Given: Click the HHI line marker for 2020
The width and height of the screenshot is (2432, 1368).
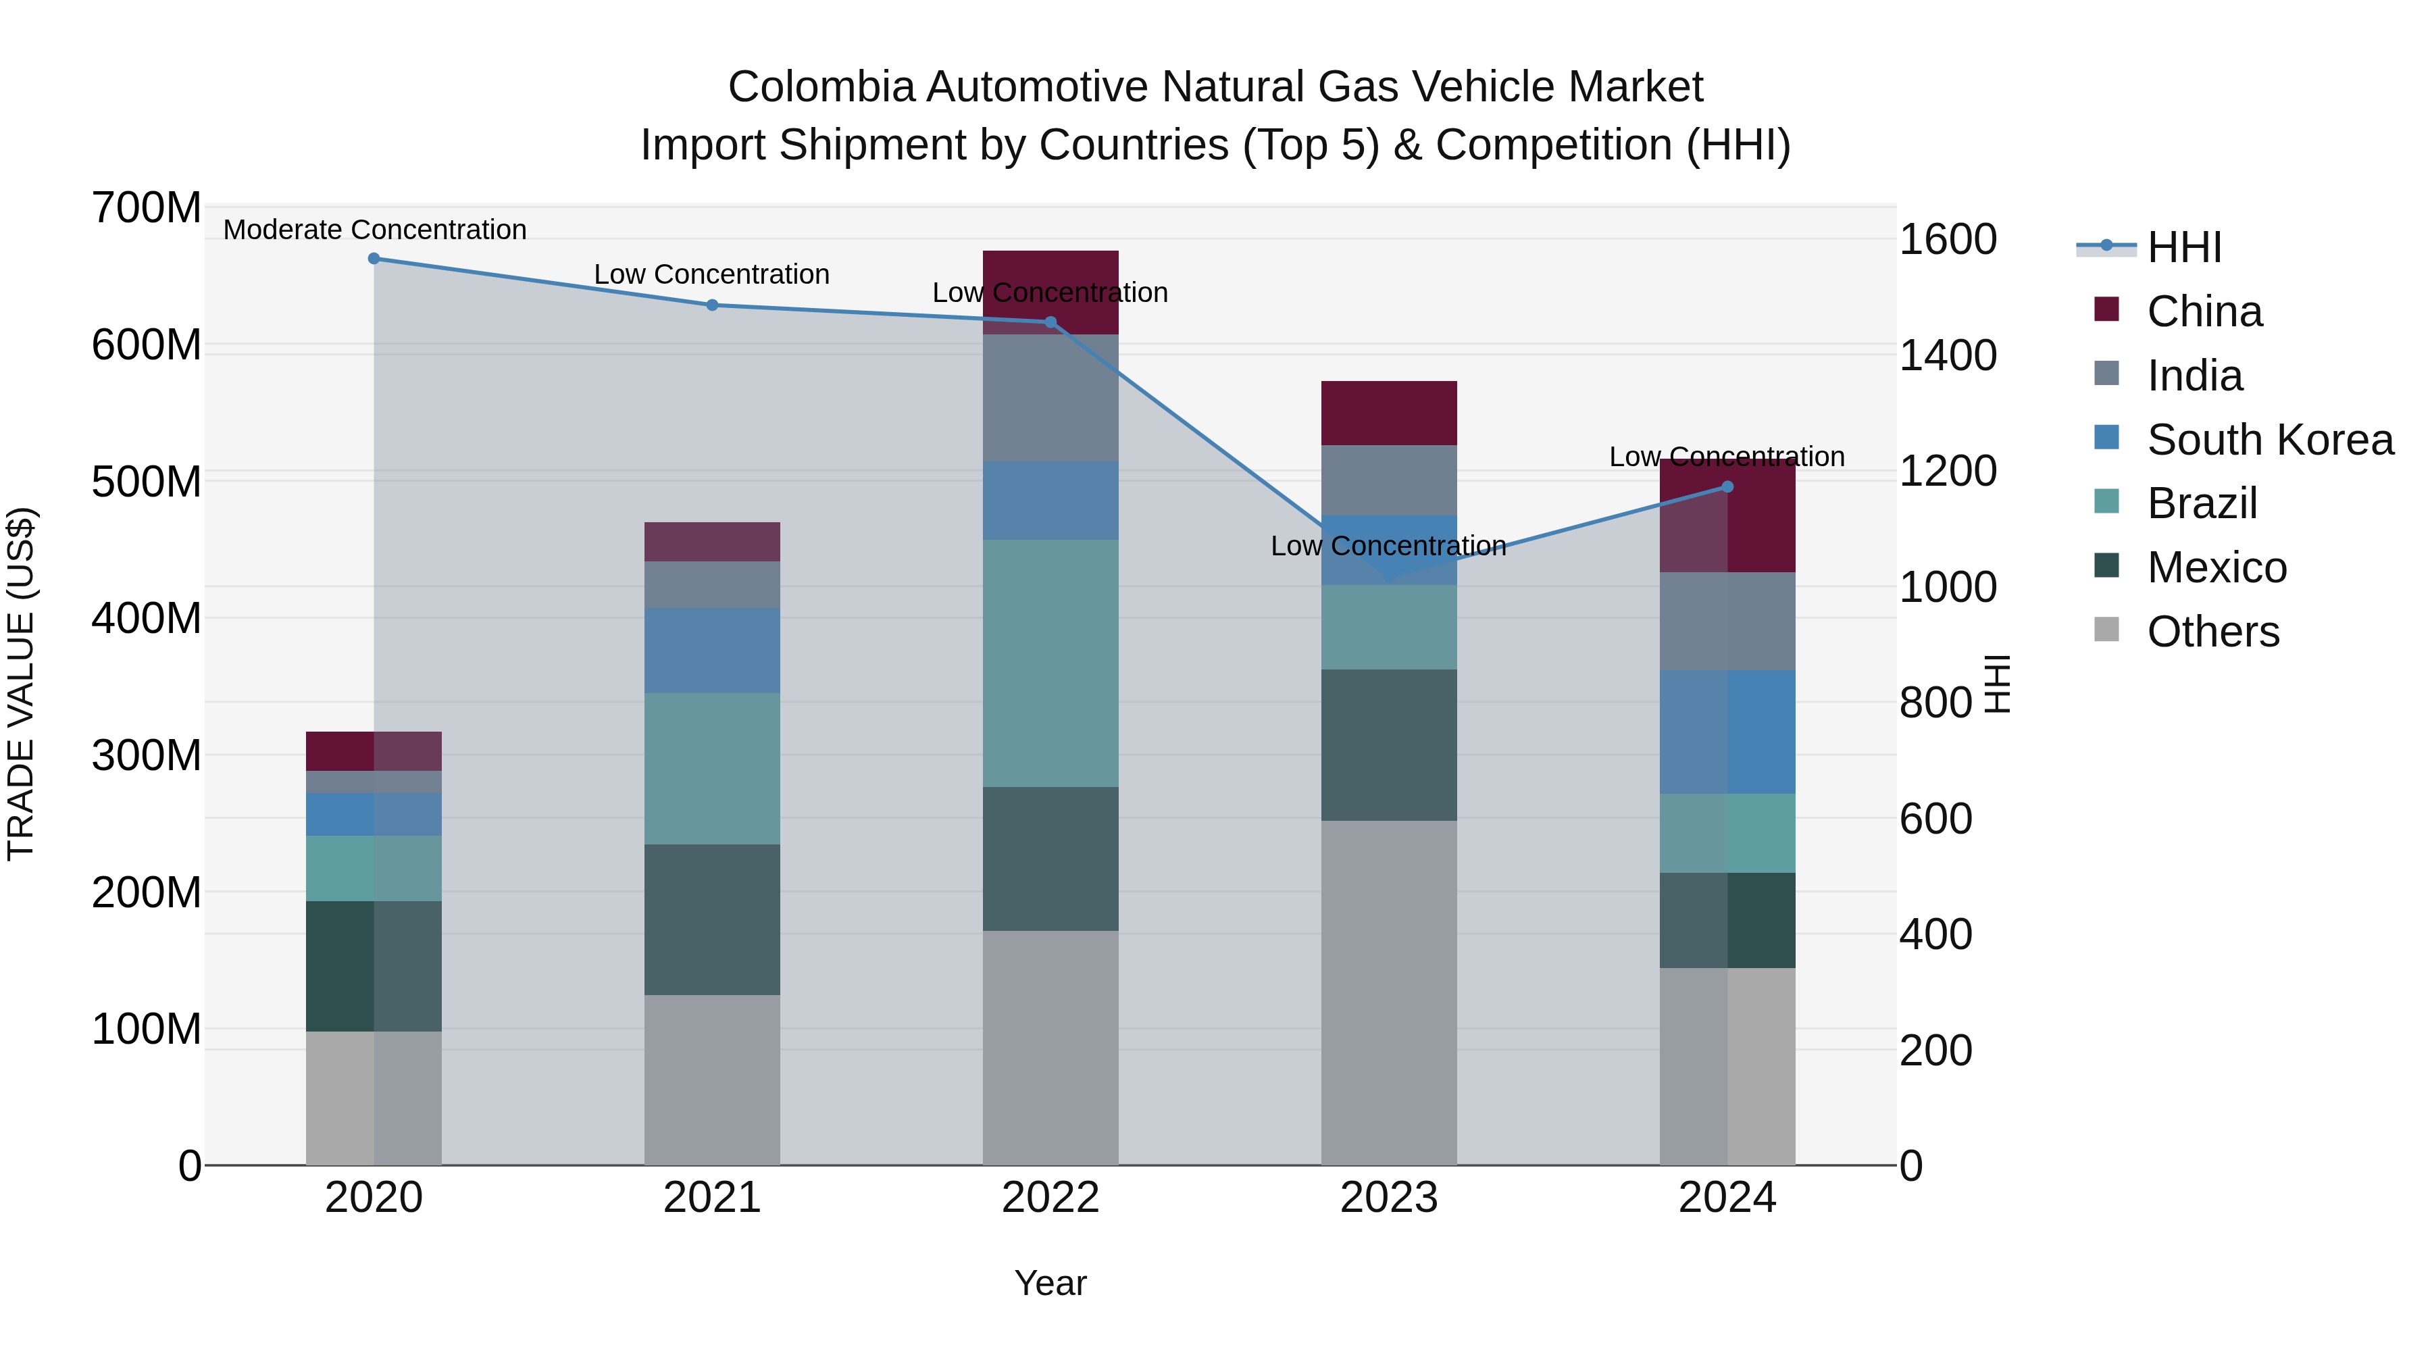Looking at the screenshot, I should pos(374,259).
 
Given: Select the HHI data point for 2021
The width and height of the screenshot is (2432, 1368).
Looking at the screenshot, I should pos(712,305).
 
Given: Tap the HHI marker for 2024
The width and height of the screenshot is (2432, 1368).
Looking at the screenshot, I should pos(1727,487).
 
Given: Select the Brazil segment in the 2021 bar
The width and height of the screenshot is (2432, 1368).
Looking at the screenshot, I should pos(712,769).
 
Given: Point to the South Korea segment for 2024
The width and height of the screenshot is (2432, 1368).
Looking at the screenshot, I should pos(1727,732).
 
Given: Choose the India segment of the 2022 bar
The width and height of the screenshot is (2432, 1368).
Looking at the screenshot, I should pos(1050,397).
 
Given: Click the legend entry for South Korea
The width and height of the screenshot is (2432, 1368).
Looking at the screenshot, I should pos(2270,440).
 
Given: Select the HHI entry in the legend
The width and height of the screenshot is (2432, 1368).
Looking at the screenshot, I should pos(2183,247).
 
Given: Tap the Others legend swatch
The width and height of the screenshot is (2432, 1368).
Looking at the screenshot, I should pos(2106,630).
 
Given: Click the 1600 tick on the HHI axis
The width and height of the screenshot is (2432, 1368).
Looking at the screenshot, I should pos(1947,240).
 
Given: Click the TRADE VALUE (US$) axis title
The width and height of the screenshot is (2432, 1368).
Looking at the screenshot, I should pos(21,684).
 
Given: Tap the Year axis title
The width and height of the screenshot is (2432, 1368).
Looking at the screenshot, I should pos(1050,1283).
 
